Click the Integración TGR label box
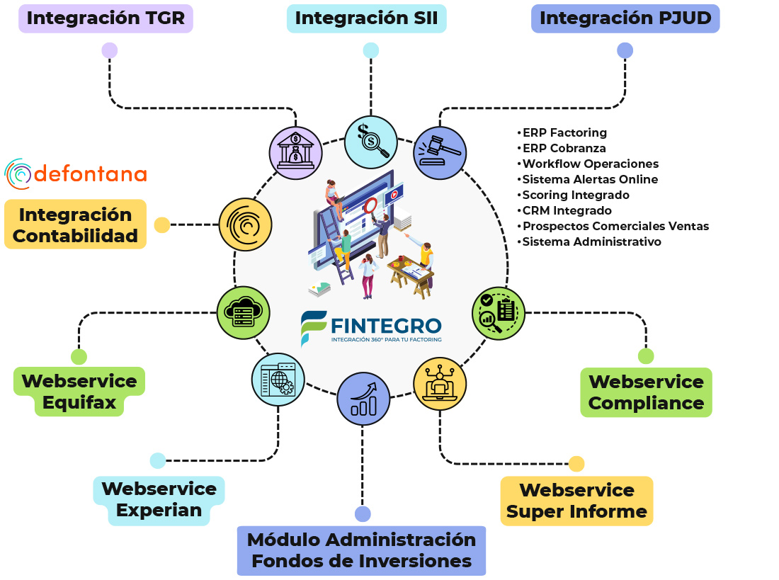coord(106,18)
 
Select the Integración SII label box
coord(366,18)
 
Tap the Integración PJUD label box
coord(625,18)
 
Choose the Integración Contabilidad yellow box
coord(75,224)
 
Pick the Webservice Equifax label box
coord(79,392)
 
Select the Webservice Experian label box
coord(159,500)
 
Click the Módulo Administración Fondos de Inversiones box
coord(361,550)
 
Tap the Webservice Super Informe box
coord(576,501)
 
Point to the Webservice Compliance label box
coord(646,392)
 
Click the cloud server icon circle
coord(243,312)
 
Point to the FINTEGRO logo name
coord(386,325)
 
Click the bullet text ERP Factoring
coord(564,132)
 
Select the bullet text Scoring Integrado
coord(575,195)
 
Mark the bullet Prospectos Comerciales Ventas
coord(615,226)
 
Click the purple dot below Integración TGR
coord(109,50)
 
